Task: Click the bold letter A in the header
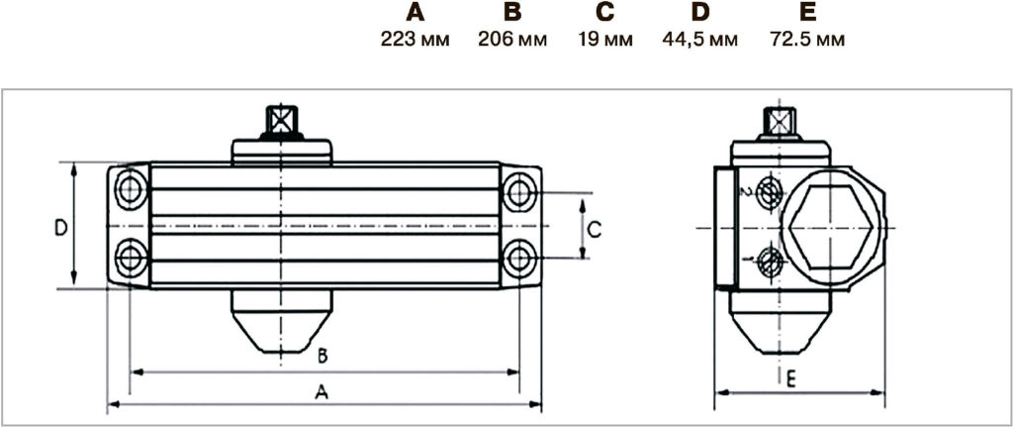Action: click(x=415, y=12)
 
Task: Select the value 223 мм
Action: click(x=414, y=40)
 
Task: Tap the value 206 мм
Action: click(x=512, y=40)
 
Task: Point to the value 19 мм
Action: click(x=605, y=40)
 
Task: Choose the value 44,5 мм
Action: click(x=699, y=40)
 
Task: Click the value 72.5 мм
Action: click(x=807, y=40)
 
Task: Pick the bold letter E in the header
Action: click(x=807, y=12)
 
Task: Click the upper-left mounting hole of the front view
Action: click(x=131, y=189)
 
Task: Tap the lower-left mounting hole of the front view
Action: click(x=131, y=258)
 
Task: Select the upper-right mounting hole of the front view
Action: click(x=519, y=191)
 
